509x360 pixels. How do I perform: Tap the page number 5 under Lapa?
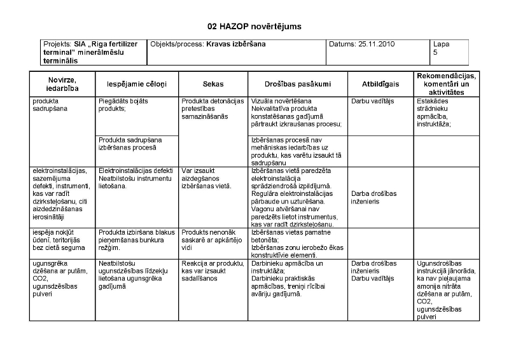coord(435,53)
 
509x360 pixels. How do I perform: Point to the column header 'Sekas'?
coord(213,84)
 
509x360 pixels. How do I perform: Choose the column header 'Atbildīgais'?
coord(380,84)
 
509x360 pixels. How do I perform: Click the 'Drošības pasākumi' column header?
coord(297,84)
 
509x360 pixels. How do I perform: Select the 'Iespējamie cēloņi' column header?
coord(136,84)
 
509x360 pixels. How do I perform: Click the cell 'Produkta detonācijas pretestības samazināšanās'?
coord(213,109)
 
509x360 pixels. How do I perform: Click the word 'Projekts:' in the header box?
coord(57,45)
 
